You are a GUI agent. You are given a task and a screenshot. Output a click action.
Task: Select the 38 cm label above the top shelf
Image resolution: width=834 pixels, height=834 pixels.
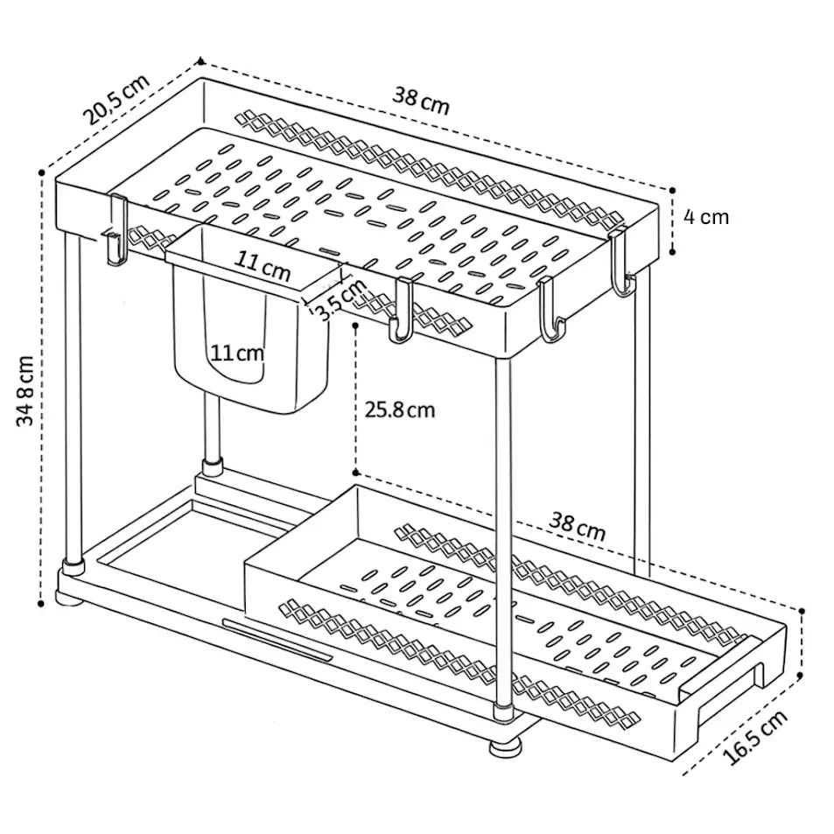point(420,100)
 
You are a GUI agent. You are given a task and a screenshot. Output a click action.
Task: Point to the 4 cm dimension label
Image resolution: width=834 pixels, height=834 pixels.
point(705,216)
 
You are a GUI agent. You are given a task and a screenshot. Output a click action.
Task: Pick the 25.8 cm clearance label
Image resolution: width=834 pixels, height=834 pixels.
point(399,409)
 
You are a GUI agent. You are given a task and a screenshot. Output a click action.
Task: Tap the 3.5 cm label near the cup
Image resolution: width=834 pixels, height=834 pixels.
point(340,298)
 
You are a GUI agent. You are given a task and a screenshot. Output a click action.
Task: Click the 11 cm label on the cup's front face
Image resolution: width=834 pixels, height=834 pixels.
point(236,353)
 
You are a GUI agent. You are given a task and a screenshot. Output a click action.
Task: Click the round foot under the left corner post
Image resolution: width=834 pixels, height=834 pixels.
point(69,599)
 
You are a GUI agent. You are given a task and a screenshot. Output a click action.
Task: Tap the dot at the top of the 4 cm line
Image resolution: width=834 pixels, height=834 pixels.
point(672,187)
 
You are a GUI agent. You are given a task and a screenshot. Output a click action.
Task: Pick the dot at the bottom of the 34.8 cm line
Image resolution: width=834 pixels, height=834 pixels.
point(42,602)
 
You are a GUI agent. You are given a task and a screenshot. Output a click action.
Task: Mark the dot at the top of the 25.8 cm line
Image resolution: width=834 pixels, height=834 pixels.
point(355,325)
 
